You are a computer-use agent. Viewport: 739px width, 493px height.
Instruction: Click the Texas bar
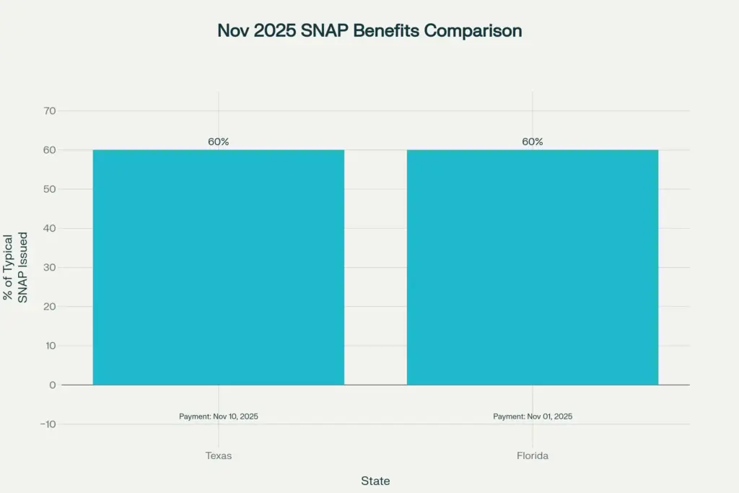coord(218,267)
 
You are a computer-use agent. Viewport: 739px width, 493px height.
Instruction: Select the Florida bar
coord(533,267)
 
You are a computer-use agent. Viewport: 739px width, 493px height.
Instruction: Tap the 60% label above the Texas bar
coord(219,141)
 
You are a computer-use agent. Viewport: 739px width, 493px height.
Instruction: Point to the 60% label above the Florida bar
coord(533,141)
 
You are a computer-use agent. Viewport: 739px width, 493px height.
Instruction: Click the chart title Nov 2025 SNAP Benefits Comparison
coord(369,31)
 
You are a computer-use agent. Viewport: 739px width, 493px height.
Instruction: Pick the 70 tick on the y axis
coord(50,111)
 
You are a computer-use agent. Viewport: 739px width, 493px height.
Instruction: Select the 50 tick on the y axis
coord(50,189)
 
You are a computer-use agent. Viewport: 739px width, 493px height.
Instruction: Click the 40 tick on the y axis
coord(50,228)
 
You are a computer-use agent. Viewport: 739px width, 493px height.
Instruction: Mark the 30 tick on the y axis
coord(50,267)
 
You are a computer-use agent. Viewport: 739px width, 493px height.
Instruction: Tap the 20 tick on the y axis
coord(50,307)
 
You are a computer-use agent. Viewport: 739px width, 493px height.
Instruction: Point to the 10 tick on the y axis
coord(50,346)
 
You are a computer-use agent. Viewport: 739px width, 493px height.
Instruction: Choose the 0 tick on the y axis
coord(53,385)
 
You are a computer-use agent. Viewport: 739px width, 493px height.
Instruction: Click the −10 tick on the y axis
coord(47,424)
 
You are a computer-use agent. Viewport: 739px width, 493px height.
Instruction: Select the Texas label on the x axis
coord(219,456)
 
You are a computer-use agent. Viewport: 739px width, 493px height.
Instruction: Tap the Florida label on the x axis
coord(533,456)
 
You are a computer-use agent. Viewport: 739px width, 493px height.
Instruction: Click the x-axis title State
coord(375,480)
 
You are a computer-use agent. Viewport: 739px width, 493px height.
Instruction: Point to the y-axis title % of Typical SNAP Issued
coord(16,267)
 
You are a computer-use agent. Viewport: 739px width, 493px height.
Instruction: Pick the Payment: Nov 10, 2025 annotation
coord(219,416)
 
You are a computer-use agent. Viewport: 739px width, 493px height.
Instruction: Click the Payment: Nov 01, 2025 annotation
coord(533,416)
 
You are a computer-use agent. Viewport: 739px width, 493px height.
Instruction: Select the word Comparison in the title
coord(473,31)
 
